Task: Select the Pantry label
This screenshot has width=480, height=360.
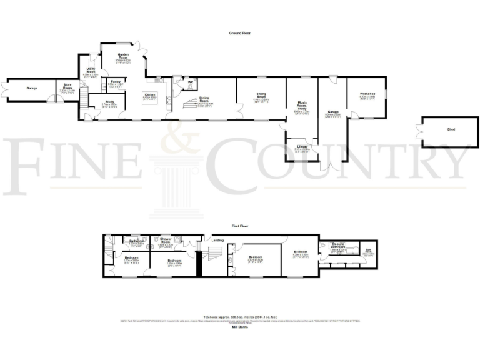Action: [x=115, y=81]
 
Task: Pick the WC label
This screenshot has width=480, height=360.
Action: [x=191, y=81]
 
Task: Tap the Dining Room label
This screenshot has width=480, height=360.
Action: [x=204, y=98]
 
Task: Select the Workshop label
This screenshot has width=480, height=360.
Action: [x=367, y=94]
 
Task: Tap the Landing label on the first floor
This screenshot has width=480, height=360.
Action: [x=217, y=239]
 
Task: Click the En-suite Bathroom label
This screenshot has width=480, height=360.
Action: [x=337, y=246]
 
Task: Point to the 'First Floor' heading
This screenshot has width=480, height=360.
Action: [x=239, y=224]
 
